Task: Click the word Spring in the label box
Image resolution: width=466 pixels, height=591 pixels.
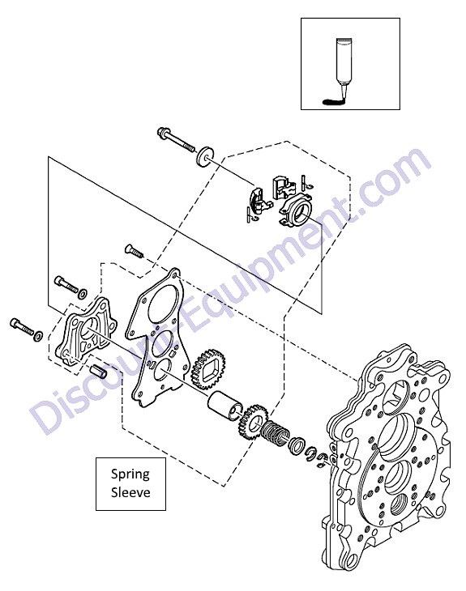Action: point(130,474)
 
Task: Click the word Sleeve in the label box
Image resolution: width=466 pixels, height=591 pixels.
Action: point(130,492)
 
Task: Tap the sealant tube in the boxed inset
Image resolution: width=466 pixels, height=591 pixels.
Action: point(344,65)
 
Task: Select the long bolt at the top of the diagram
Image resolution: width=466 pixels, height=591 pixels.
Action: point(176,140)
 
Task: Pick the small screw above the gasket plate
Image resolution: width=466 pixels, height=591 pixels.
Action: point(134,250)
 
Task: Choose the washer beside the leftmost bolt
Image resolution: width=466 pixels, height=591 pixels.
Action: point(38,335)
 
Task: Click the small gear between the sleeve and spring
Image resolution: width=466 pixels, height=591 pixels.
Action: point(252,422)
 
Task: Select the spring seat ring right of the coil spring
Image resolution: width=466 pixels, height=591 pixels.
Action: point(297,444)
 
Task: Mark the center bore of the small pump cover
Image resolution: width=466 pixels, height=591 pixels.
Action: point(89,327)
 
